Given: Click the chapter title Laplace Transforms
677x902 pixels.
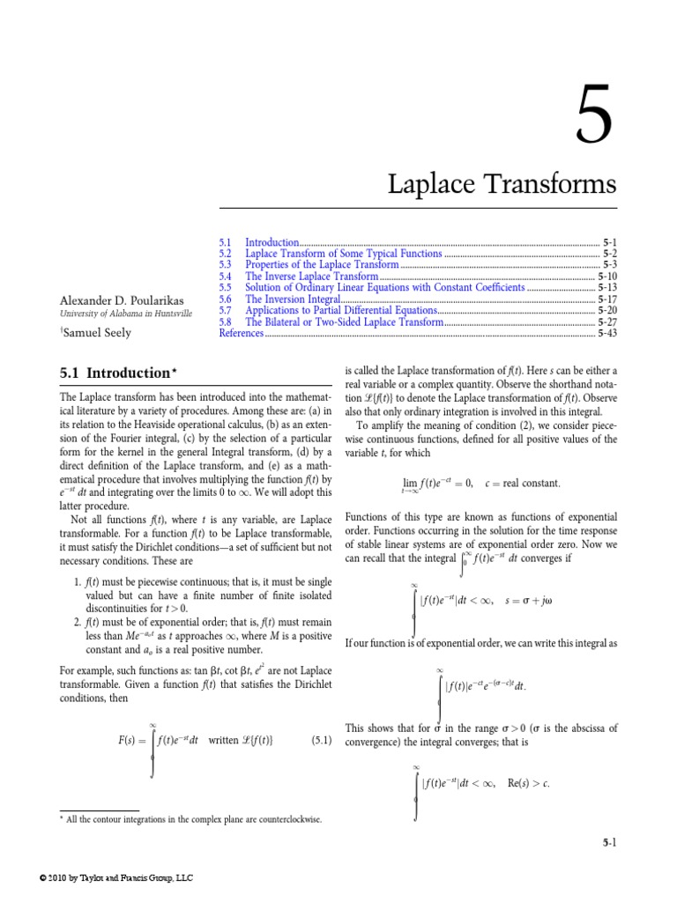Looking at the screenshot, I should pyautogui.click(x=502, y=185).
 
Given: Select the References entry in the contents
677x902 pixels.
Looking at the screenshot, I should pyautogui.click(x=241, y=334).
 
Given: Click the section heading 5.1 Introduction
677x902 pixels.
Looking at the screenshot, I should pyautogui.click(x=113, y=373).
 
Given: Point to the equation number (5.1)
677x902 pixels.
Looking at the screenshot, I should pyautogui.click(x=320, y=739).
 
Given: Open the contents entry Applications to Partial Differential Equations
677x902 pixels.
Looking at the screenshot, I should pyautogui.click(x=340, y=311).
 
